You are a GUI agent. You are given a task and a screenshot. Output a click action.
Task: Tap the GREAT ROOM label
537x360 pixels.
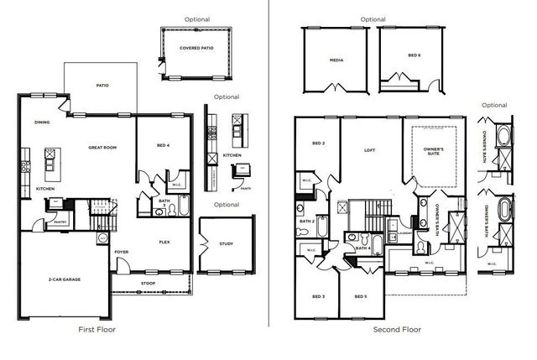[102, 148]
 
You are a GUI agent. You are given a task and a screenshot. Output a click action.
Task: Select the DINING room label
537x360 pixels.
[42, 123]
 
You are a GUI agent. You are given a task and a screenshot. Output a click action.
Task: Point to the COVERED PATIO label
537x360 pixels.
[196, 48]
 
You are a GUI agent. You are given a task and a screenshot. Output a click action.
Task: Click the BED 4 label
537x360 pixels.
[163, 146]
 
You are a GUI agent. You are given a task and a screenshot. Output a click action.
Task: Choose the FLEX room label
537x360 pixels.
[165, 242]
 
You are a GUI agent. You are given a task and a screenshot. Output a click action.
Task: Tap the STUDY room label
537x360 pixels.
[226, 244]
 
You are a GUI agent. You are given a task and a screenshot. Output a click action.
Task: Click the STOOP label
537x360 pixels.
[148, 284]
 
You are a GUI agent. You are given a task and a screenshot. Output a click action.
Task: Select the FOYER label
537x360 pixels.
[122, 251]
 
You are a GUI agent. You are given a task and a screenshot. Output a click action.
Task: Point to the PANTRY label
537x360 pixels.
[61, 222]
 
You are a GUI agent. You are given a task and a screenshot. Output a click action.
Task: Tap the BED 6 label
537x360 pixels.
[414, 55]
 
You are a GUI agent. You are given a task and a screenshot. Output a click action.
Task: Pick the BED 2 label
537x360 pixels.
[318, 143]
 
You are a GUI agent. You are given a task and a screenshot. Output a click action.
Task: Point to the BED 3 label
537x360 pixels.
[318, 297]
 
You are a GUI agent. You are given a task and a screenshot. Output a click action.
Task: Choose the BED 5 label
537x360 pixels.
[360, 297]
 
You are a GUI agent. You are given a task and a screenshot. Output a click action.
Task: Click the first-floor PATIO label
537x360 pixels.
[102, 85]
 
